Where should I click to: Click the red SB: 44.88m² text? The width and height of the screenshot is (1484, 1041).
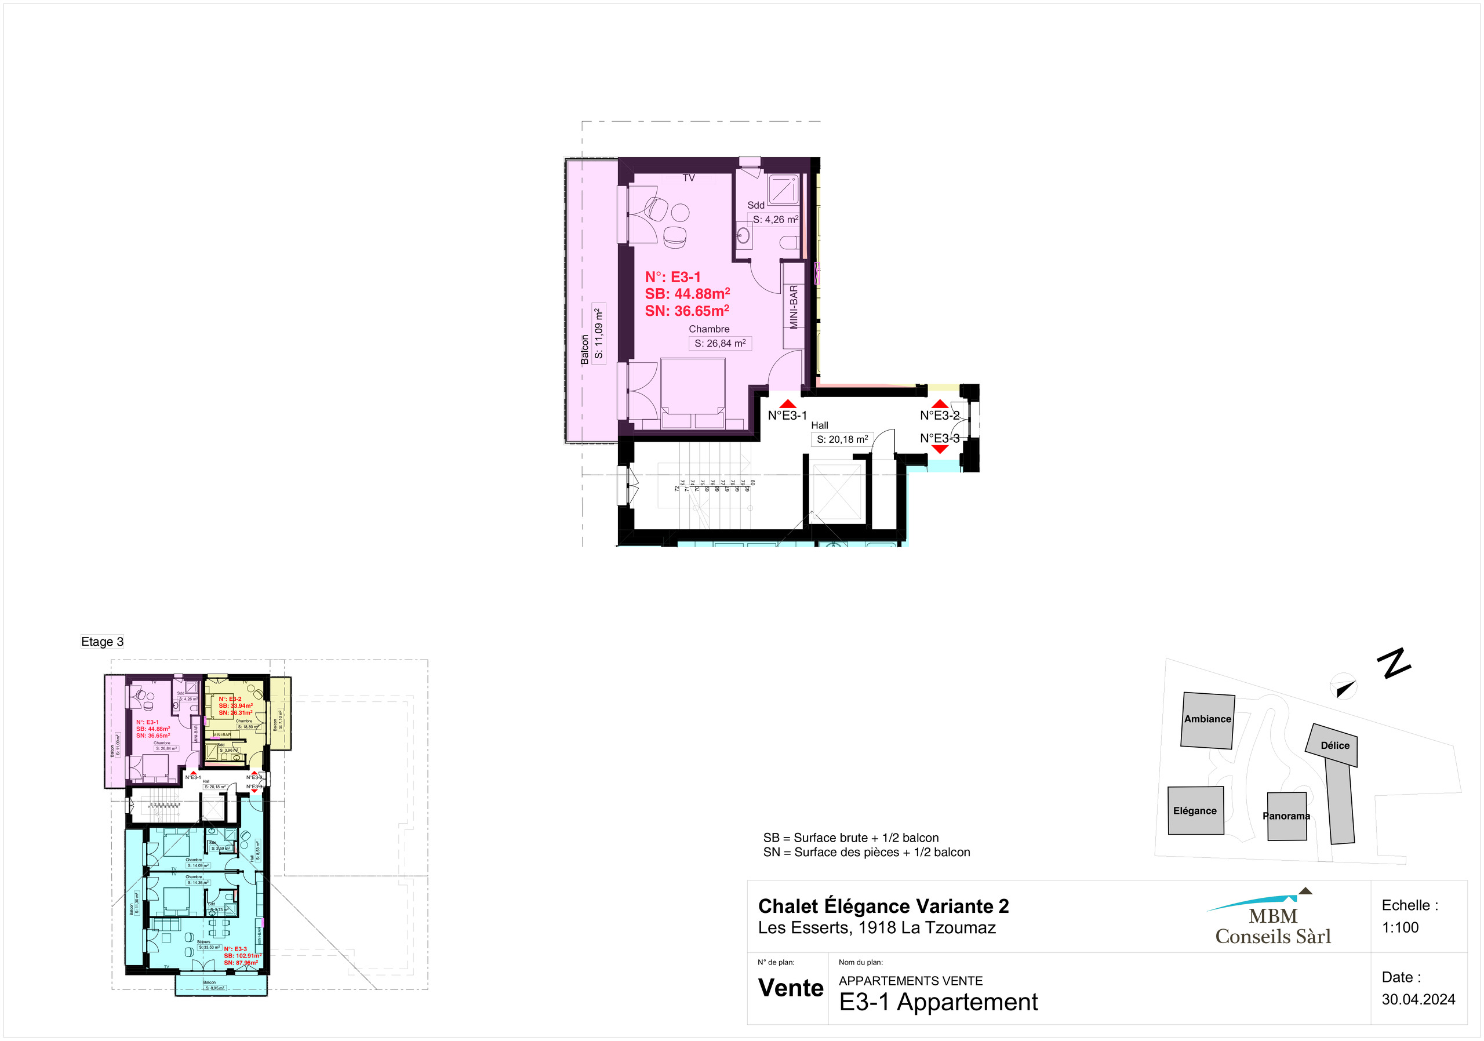click(x=687, y=294)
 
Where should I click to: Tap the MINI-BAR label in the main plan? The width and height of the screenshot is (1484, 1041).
click(x=794, y=307)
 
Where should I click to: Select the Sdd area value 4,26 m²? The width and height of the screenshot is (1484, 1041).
click(x=775, y=220)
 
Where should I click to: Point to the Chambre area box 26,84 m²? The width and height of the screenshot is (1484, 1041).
click(x=720, y=344)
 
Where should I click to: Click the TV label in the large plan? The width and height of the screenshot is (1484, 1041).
click(x=689, y=178)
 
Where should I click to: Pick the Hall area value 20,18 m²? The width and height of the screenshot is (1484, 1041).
click(x=842, y=439)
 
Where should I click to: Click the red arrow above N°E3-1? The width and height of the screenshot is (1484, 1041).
click(x=788, y=404)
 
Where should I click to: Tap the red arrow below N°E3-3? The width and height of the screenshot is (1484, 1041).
click(x=940, y=449)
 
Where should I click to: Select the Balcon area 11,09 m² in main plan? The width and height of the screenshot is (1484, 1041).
click(x=599, y=333)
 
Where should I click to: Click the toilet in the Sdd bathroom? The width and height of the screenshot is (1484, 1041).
click(x=789, y=243)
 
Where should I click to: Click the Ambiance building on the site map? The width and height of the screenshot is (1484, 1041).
click(x=1207, y=720)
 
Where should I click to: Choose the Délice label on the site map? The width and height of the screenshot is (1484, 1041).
click(x=1334, y=745)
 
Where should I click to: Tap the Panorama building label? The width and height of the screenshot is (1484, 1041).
click(x=1286, y=816)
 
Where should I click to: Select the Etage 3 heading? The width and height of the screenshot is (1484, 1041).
click(x=102, y=642)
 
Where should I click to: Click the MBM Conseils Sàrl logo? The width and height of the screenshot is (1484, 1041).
click(x=1272, y=921)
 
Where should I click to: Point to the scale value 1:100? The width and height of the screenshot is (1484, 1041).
click(x=1400, y=927)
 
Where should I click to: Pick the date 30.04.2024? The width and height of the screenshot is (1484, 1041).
click(x=1418, y=1000)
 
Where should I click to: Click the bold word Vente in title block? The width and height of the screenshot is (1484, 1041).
click(x=791, y=988)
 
